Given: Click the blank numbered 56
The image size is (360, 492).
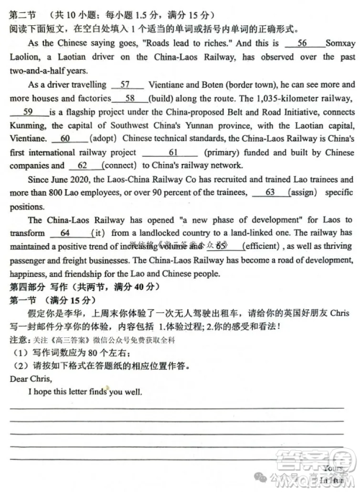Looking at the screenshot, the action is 302,44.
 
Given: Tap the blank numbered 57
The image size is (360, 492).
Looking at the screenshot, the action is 125,84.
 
